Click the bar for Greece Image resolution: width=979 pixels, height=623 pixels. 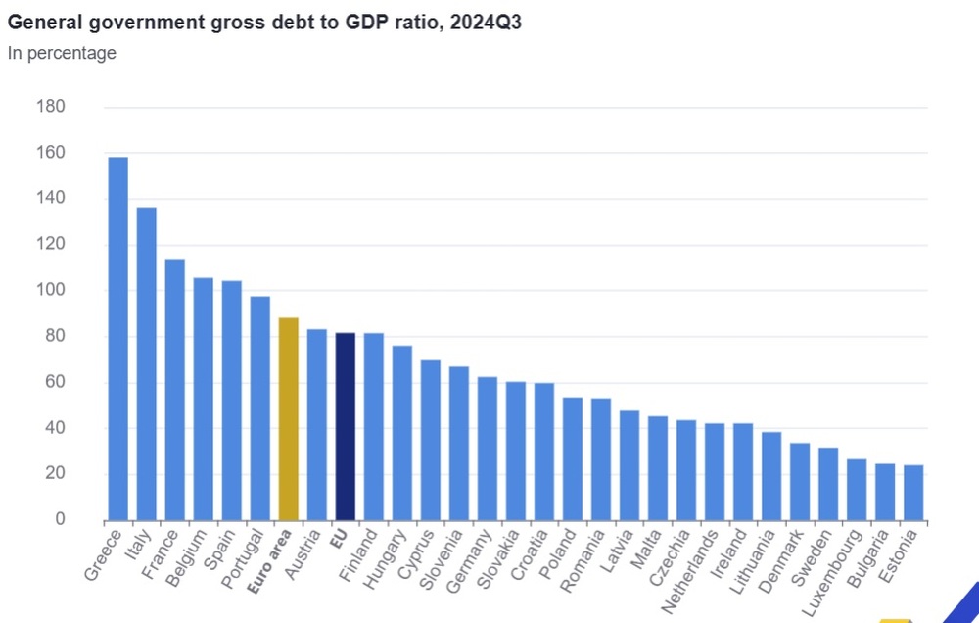[x=117, y=338]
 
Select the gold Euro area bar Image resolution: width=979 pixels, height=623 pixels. [x=288, y=418]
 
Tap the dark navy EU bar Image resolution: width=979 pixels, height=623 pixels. [x=345, y=426]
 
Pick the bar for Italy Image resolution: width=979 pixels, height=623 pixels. [x=146, y=362]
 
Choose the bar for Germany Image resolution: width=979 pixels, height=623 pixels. [x=487, y=448]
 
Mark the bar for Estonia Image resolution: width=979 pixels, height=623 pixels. [x=913, y=492]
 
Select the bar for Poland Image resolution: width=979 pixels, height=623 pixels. [x=573, y=457]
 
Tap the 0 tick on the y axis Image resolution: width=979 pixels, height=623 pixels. [x=59, y=519]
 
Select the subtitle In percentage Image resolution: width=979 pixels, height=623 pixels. [x=62, y=53]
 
